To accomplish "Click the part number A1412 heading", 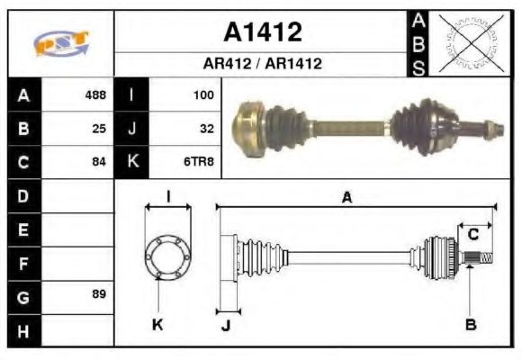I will [262, 32].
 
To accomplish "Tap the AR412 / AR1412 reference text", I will [262, 65].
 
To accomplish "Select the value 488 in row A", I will [94, 94].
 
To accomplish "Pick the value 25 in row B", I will [99, 129].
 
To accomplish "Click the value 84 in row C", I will [99, 162].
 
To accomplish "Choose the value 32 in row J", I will [206, 129].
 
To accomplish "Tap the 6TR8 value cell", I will [199, 162].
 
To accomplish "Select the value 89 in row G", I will [99, 294].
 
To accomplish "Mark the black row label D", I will [23, 195].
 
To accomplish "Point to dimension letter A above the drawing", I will [346, 197].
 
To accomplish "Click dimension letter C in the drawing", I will [472, 236].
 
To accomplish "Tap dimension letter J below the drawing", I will [225, 326].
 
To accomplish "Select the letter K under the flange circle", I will [157, 325].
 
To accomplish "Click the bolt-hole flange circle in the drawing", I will [167, 256].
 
